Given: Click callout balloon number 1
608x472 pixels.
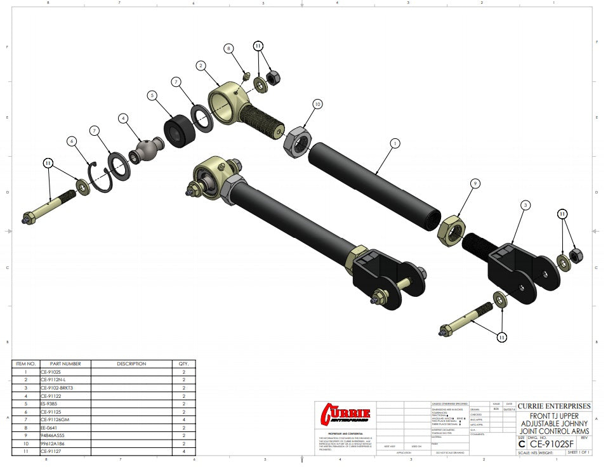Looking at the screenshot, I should pyautogui.click(x=395, y=143).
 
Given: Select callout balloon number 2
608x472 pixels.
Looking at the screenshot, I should pyautogui.click(x=201, y=65).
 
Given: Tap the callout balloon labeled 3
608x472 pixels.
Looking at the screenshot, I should pyautogui.click(x=525, y=205).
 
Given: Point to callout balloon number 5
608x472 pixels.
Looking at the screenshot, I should pyautogui.click(x=152, y=96).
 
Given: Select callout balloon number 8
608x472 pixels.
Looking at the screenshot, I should pyautogui.click(x=229, y=48).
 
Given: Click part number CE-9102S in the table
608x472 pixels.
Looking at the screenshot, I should pyautogui.click(x=50, y=372).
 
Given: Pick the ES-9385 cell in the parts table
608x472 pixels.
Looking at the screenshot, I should pyautogui.click(x=48, y=403).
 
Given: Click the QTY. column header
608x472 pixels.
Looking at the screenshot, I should pyautogui.click(x=183, y=364).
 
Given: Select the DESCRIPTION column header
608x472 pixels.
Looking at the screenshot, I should pyautogui.click(x=131, y=364).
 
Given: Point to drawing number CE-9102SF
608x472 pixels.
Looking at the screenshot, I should pyautogui.click(x=552, y=444).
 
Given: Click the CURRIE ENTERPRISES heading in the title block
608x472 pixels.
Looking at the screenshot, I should pyautogui.click(x=553, y=406).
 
